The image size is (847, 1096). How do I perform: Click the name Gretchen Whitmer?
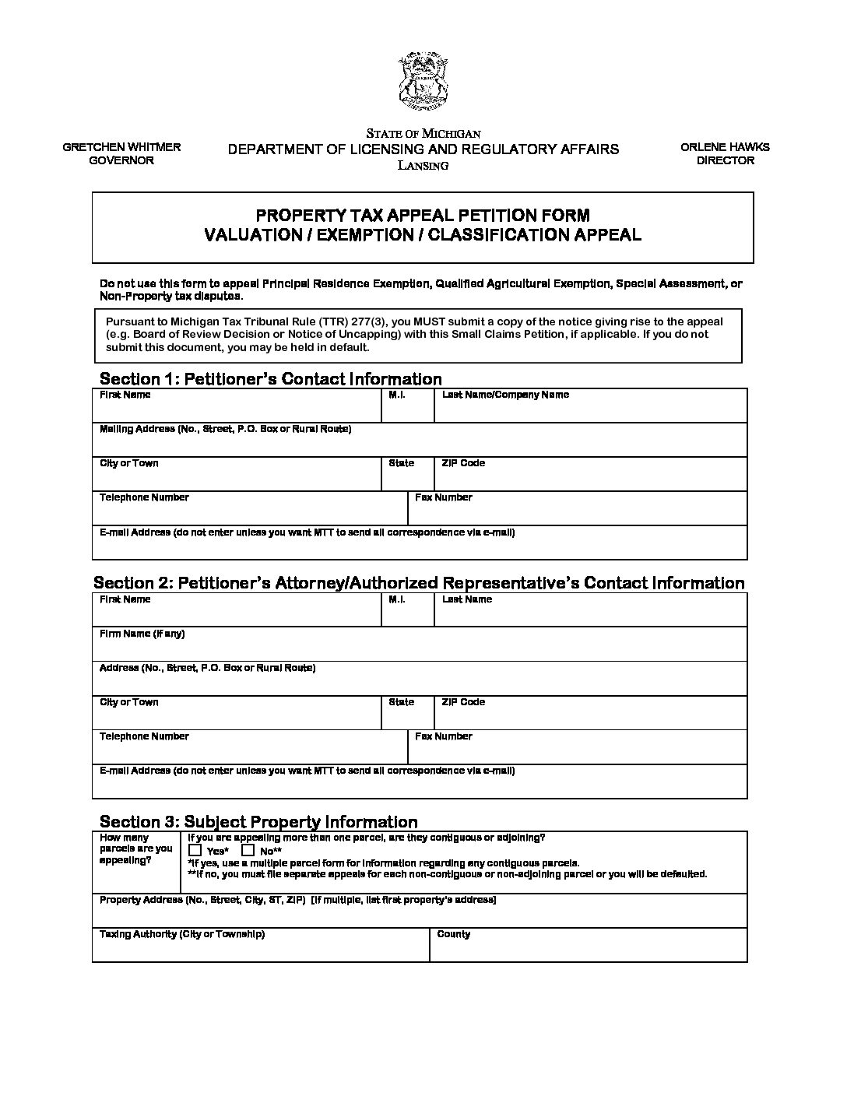click(121, 146)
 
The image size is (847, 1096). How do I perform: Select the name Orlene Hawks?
click(725, 146)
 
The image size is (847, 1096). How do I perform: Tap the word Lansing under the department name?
click(423, 166)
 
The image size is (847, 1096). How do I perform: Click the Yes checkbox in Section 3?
click(195, 851)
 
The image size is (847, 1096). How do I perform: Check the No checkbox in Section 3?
click(248, 851)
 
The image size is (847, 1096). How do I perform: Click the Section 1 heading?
click(270, 379)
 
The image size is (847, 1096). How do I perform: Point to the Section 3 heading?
click(258, 822)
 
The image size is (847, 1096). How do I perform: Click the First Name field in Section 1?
click(237, 410)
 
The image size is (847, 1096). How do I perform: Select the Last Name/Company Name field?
click(590, 410)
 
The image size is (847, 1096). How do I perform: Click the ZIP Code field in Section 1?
click(590, 479)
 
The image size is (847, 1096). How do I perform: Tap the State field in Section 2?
click(407, 717)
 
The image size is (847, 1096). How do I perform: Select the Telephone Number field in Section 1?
click(249, 513)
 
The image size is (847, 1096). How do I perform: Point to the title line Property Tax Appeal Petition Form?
click(423, 215)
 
